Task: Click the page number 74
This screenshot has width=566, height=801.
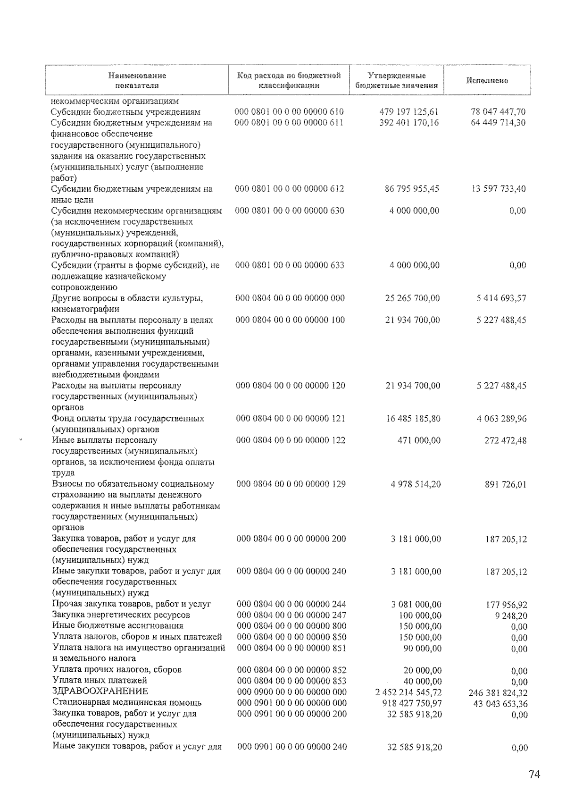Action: (534, 775)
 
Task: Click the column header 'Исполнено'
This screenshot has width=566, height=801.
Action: (487, 80)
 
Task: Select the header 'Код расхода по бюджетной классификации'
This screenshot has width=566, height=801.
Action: (289, 80)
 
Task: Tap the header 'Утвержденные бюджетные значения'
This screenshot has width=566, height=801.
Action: (396, 80)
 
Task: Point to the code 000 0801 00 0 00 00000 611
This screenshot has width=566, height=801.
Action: (289, 123)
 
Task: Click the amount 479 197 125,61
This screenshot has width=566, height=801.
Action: (409, 112)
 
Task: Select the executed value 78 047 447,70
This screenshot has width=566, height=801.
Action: (498, 112)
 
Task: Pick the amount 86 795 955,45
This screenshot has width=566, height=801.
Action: (412, 189)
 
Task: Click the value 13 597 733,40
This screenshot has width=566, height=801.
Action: (498, 189)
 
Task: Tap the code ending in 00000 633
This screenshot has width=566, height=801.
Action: (290, 265)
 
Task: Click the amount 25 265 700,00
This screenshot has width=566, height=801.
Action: (412, 298)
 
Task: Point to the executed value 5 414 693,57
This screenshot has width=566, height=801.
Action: (501, 298)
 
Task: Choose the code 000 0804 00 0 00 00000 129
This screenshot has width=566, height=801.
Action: (291, 484)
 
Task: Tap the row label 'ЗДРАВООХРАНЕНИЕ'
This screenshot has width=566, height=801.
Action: (100, 691)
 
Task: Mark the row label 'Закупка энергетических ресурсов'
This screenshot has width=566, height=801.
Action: (121, 615)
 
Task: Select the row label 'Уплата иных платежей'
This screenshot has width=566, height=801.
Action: (100, 680)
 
